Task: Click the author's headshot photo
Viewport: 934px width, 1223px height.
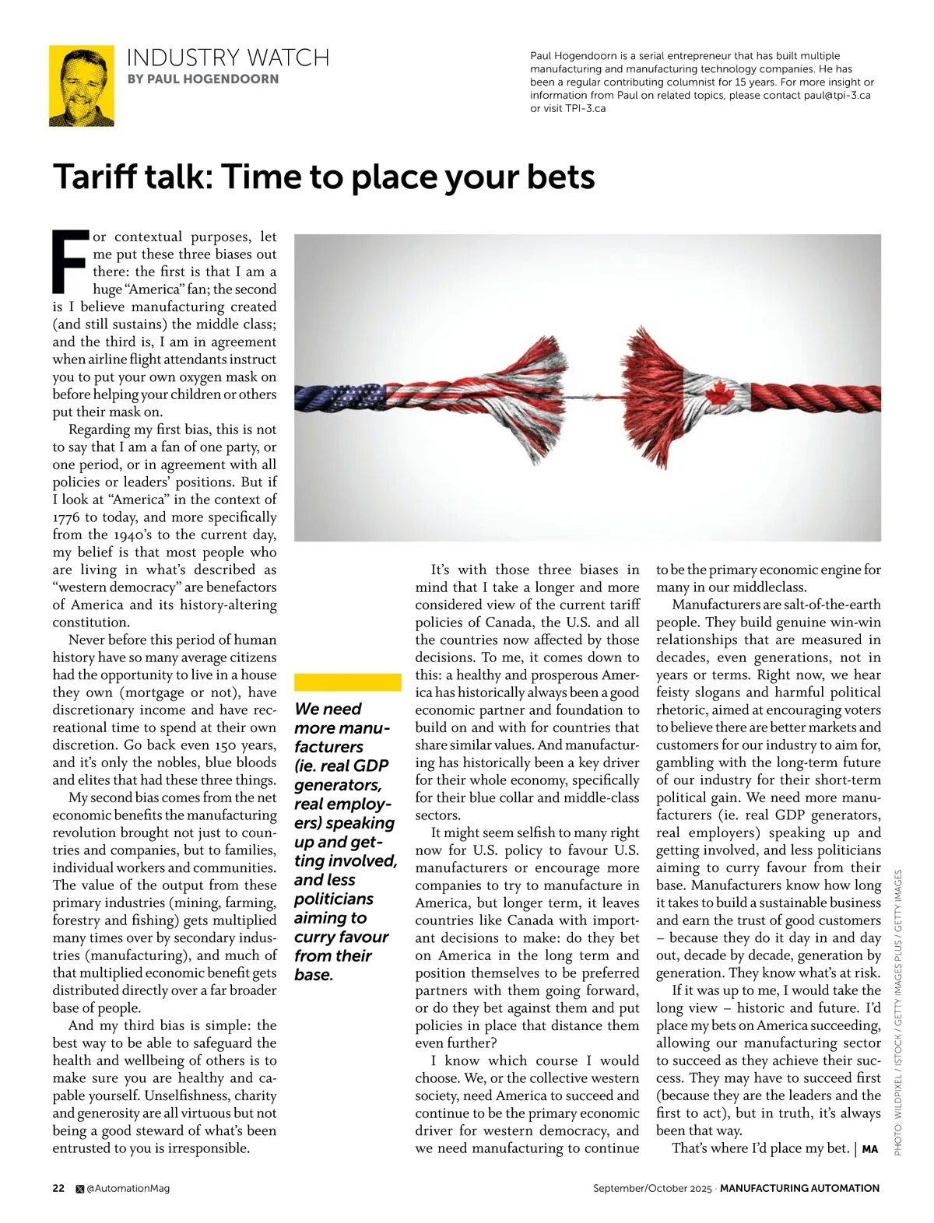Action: coord(82,86)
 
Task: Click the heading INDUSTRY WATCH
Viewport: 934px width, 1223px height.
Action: coord(227,58)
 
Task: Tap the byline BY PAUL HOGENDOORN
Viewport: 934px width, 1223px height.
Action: coord(202,79)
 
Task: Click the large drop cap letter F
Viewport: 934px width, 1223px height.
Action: coord(69,258)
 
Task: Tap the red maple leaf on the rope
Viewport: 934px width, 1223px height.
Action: coord(716,396)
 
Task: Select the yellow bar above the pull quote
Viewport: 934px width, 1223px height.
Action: coord(347,682)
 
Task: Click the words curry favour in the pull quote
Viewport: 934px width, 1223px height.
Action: coord(341,937)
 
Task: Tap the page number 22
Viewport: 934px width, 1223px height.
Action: coord(59,1188)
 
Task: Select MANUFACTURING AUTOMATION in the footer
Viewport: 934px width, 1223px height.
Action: coord(799,1188)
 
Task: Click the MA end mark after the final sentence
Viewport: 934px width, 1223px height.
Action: coord(869,1149)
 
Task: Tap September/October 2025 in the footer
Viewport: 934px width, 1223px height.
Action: coord(652,1188)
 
